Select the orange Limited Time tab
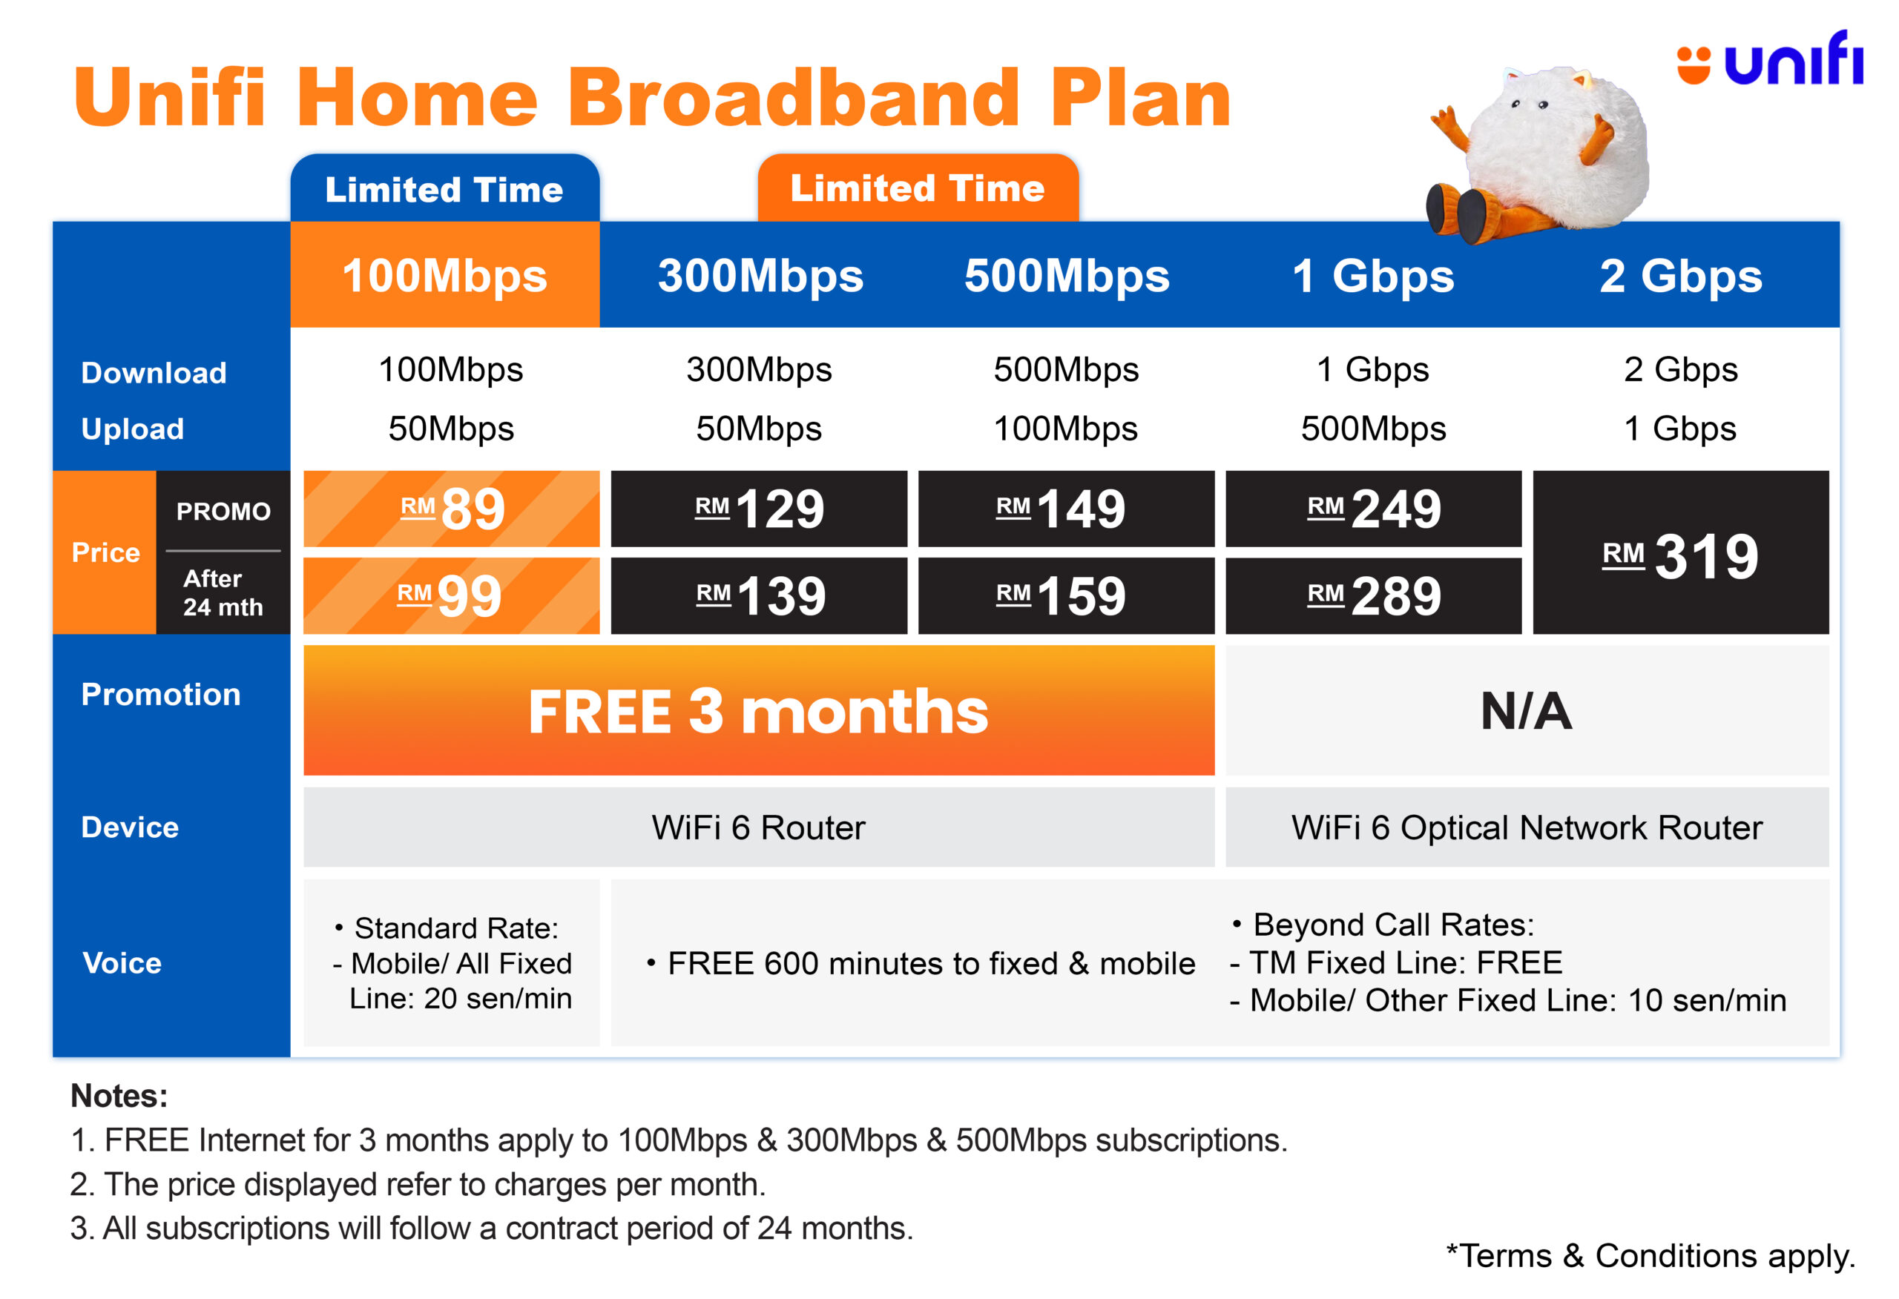(918, 188)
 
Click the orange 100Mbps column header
(444, 274)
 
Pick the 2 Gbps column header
(1681, 275)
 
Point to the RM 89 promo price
(451, 508)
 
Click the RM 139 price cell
(759, 595)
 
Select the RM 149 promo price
(1067, 508)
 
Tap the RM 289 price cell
(1374, 595)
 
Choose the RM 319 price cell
(1681, 552)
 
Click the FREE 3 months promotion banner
(759, 710)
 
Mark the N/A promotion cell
(1527, 710)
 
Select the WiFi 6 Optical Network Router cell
(1527, 827)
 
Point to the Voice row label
(122, 962)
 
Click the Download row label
(154, 372)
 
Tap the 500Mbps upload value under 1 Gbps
(1374, 428)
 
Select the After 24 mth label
(223, 592)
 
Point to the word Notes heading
(119, 1096)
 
